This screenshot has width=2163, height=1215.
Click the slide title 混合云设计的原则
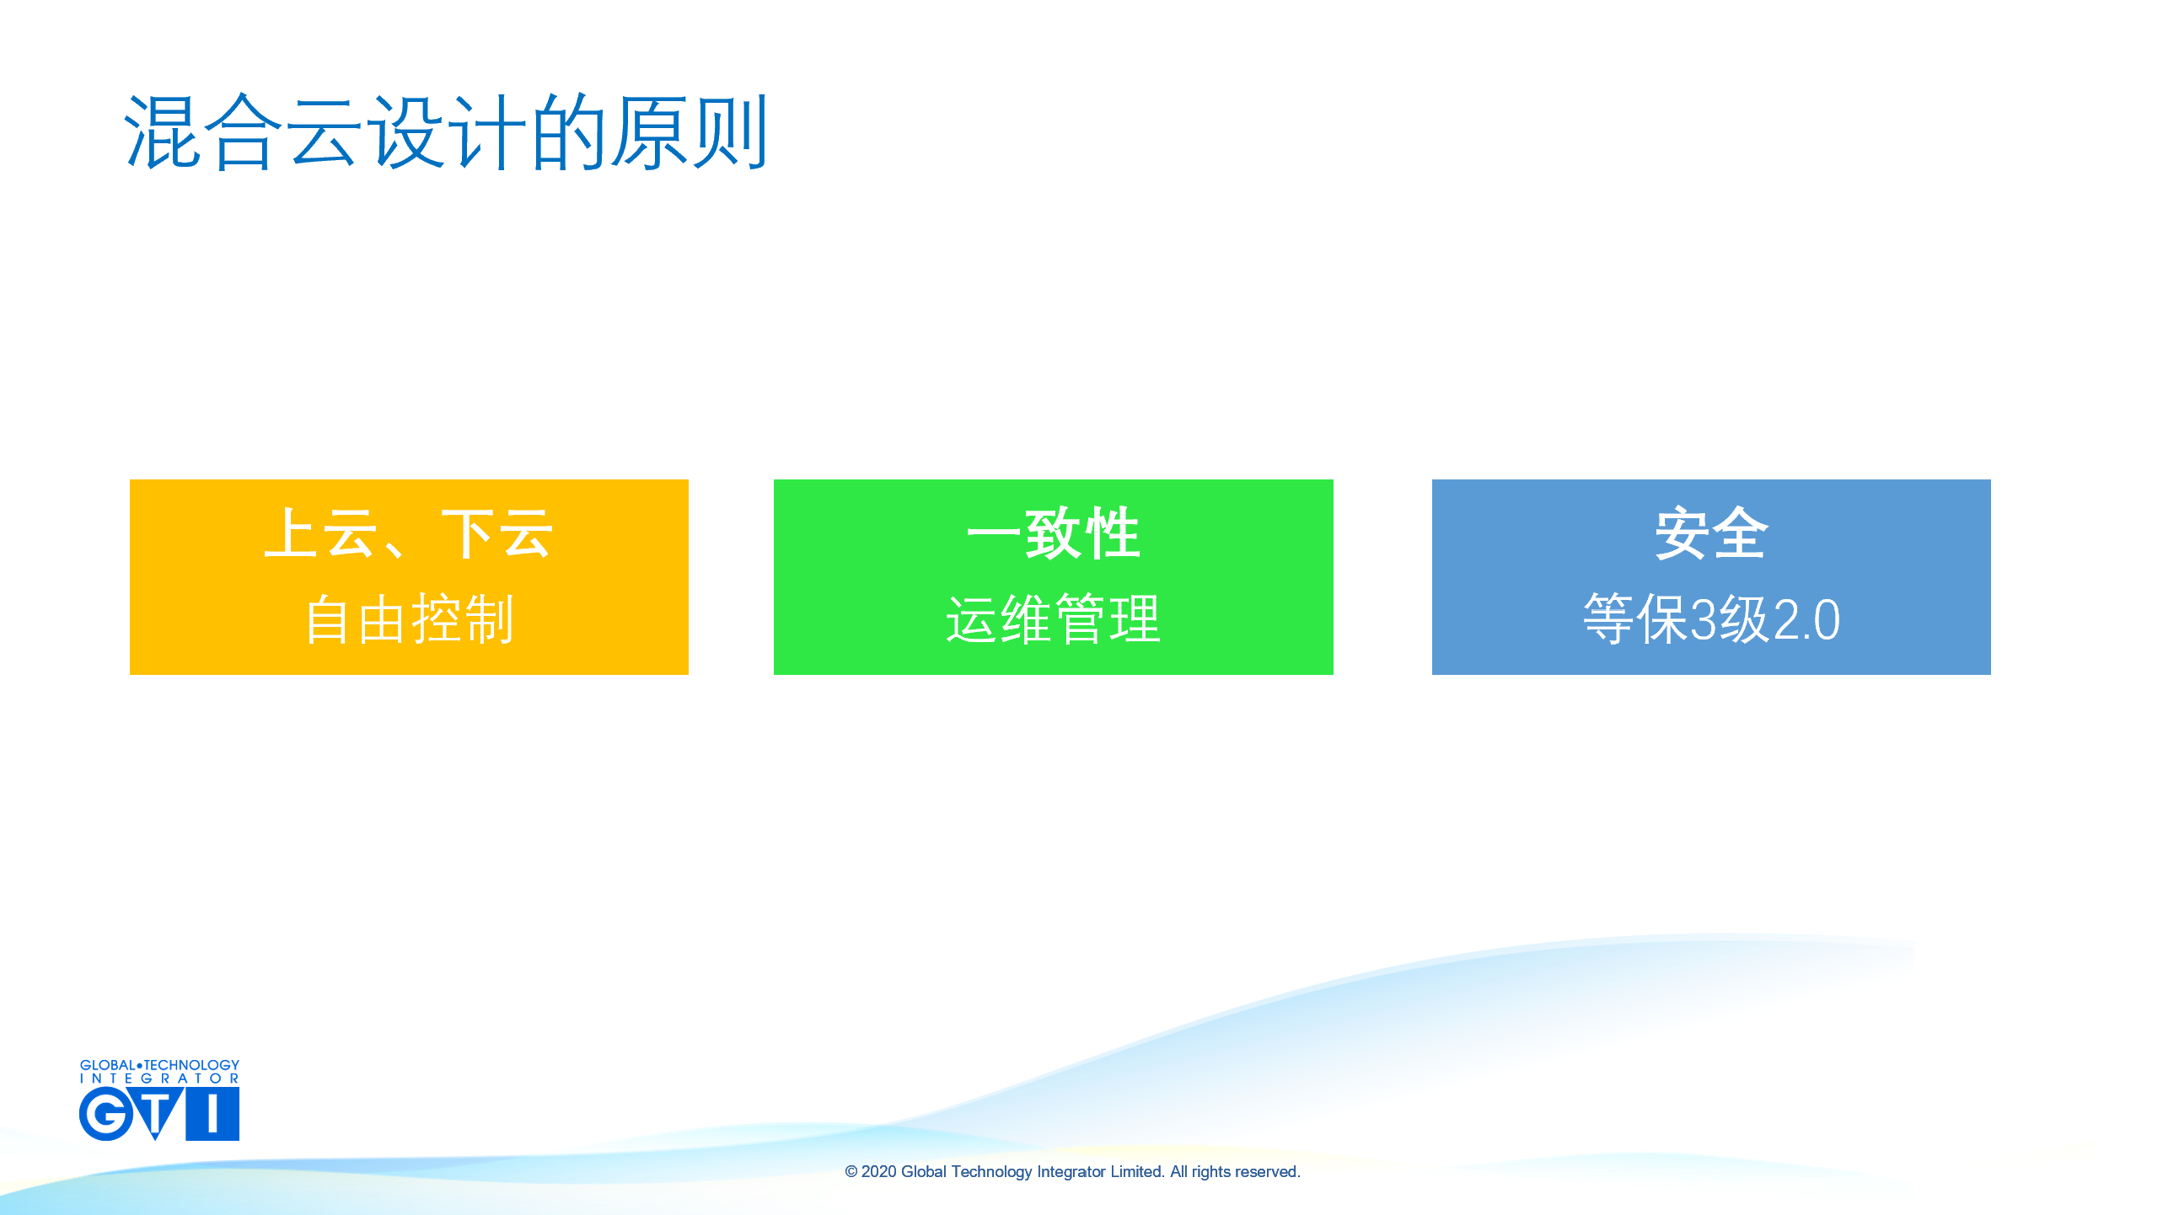click(446, 132)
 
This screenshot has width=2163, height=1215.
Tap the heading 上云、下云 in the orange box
click(409, 533)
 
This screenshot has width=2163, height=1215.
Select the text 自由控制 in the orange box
click(409, 619)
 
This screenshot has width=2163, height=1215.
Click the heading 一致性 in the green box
click(1053, 533)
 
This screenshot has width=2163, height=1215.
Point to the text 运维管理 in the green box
click(1053, 619)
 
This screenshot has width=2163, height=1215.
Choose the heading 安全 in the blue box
click(1711, 533)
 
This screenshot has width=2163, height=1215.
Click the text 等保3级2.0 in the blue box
click(1711, 619)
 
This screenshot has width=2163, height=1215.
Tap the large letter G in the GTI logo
click(106, 1113)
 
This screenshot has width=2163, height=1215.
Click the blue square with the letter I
click(212, 1113)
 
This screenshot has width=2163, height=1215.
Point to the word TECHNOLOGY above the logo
click(191, 1065)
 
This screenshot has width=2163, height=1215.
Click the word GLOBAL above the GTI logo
click(107, 1065)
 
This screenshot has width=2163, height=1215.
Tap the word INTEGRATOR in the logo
click(159, 1079)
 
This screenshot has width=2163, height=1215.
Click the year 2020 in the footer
click(878, 1171)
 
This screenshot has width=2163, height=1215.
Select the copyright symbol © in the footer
click(851, 1171)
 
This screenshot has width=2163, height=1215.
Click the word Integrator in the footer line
click(1071, 1171)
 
